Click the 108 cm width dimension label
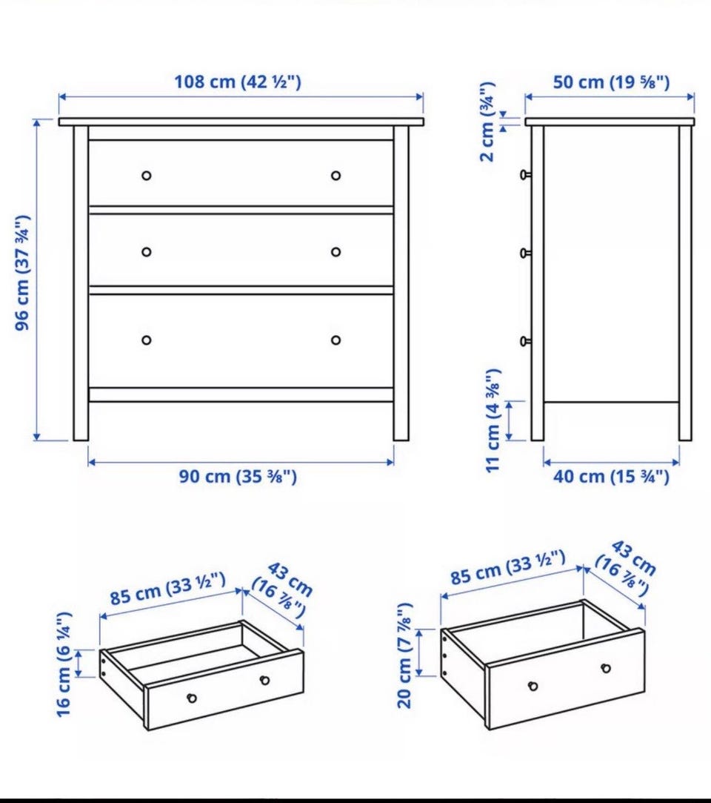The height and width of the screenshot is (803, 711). (x=238, y=82)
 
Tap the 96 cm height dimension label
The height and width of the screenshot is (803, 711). (x=22, y=273)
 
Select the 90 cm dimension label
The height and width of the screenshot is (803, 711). (x=238, y=477)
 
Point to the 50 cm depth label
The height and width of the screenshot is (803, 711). (x=611, y=82)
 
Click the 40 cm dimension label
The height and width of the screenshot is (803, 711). (x=611, y=477)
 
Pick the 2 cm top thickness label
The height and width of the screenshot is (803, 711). (x=487, y=122)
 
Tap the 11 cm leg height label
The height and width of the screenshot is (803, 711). (x=493, y=420)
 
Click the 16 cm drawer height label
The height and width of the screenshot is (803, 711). (x=64, y=664)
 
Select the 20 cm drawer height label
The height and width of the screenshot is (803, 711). (x=404, y=656)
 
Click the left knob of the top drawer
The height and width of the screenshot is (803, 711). (x=147, y=176)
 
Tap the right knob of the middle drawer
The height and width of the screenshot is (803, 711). (x=336, y=252)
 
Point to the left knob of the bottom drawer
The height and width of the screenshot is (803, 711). (x=147, y=340)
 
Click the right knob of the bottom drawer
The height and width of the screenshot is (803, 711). (x=336, y=340)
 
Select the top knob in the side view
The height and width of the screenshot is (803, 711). (x=525, y=175)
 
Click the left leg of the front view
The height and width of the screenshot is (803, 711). (x=81, y=283)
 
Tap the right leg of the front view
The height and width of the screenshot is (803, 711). (x=401, y=283)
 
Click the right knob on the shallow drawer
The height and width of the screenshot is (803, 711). (x=264, y=680)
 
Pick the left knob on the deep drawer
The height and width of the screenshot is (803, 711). (x=533, y=686)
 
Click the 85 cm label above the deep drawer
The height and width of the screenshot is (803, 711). (x=509, y=567)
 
